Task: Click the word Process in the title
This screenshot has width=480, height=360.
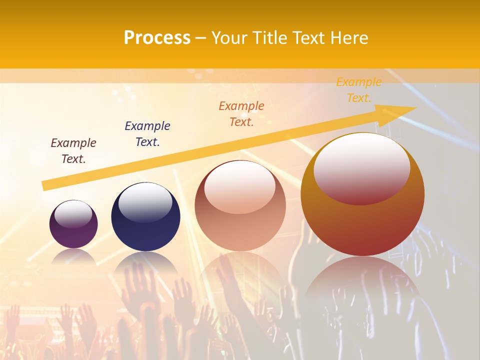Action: point(157,38)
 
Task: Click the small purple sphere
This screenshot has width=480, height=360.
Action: point(73,235)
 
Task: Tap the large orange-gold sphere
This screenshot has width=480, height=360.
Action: point(362,225)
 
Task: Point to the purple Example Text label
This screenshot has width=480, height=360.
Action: point(73,151)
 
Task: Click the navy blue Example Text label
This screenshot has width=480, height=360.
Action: point(147,134)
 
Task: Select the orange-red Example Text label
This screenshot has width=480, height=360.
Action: point(241,114)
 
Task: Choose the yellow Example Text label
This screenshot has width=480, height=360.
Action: point(359,90)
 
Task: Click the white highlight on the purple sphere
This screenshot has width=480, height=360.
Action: point(73,214)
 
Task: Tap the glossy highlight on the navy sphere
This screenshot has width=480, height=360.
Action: point(145,202)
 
